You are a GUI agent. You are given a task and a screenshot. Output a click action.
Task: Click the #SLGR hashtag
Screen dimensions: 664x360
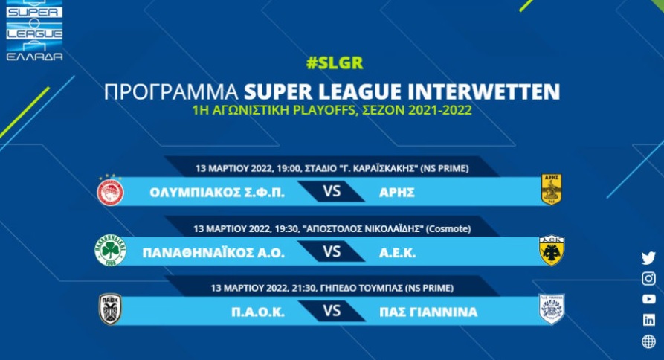pyautogui.click(x=335, y=63)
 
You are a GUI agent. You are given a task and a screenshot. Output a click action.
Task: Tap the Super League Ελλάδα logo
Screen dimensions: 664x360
pyautogui.click(x=34, y=30)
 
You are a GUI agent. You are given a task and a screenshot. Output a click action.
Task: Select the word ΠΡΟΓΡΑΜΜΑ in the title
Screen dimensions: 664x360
pyautogui.click(x=172, y=92)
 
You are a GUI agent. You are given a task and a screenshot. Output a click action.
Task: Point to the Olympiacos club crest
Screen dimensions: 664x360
pyautogui.click(x=110, y=191)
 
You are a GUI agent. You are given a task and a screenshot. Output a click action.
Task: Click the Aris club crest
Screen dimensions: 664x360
pyautogui.click(x=552, y=189)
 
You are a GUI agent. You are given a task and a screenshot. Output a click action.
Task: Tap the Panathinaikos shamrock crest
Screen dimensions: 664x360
pyautogui.click(x=110, y=251)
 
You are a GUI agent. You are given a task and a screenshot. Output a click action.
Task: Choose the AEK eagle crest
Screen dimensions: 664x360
pyautogui.click(x=552, y=251)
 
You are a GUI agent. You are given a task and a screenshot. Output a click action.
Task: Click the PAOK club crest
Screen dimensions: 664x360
pyautogui.click(x=110, y=309)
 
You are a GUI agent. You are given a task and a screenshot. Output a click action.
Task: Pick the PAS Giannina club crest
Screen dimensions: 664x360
pyautogui.click(x=552, y=309)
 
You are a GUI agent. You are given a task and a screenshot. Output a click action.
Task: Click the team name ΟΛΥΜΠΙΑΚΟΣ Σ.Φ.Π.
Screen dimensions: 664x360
pyautogui.click(x=217, y=193)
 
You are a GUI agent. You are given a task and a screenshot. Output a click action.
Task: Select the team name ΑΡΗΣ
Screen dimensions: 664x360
pyautogui.click(x=397, y=193)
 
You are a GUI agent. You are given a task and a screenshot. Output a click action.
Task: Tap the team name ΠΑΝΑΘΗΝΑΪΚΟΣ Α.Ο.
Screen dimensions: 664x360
pyautogui.click(x=213, y=253)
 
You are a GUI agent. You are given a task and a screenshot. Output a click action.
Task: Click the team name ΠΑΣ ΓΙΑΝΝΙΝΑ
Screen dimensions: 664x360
pyautogui.click(x=428, y=312)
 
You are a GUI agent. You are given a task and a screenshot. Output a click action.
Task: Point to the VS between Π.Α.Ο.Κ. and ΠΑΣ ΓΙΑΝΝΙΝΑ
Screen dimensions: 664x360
pyautogui.click(x=332, y=311)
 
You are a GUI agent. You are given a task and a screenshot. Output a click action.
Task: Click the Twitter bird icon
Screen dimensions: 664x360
pyautogui.click(x=648, y=258)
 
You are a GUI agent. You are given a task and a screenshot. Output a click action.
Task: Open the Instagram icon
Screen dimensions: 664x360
pyautogui.click(x=648, y=279)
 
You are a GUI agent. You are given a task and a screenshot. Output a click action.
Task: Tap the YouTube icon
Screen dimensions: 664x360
pyautogui.click(x=648, y=299)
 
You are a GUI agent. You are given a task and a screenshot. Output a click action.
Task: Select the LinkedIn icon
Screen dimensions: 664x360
pyautogui.click(x=648, y=320)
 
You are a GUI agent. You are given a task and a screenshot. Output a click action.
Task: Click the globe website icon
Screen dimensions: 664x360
pyautogui.click(x=648, y=341)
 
